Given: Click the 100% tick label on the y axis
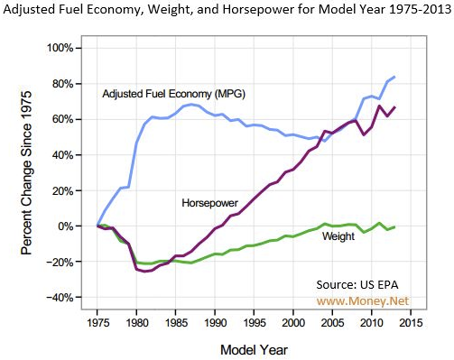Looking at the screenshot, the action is pos(60,48).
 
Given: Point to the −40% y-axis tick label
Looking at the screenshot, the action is pos(60,298).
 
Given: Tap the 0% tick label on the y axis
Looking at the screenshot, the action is pos(66,226).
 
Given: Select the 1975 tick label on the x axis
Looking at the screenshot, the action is pos(97,323).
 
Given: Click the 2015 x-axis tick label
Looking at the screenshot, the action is pos(411,323).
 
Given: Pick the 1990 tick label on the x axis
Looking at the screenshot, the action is pos(215,323).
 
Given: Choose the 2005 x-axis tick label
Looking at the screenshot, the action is pos(332,323).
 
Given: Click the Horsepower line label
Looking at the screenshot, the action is pos(209,203).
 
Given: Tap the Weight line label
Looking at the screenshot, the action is pos(338,236).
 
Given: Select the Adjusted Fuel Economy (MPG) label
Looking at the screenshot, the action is pos(174,94).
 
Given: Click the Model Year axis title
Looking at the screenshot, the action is pos(254,350).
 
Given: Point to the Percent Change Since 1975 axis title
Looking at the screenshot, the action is pos(26,173).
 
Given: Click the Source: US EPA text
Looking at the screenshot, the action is pos(357,284).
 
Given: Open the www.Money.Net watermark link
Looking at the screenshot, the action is pos(363,300).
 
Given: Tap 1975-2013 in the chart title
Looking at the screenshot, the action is pos(420,10).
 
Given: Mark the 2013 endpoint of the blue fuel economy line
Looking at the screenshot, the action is pos(394,77).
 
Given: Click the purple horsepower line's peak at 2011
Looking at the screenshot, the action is pos(379,106).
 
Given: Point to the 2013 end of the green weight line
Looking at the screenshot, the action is pos(394,226).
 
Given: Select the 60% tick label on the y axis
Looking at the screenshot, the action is pos(63,119).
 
